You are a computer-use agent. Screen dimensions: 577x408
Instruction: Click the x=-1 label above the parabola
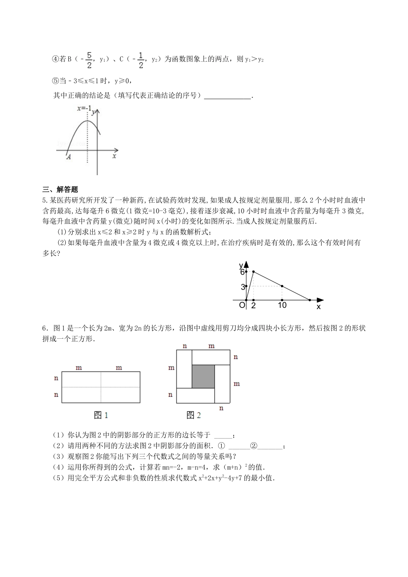[x=84, y=109]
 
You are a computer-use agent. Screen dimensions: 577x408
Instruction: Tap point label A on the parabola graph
[x=69, y=158]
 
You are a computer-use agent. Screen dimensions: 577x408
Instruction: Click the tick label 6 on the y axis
[x=242, y=272]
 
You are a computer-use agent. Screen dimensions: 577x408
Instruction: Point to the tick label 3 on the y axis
[x=243, y=287]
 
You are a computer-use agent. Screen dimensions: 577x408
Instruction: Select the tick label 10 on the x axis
[x=282, y=305]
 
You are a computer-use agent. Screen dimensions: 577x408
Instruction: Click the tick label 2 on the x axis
[x=253, y=305]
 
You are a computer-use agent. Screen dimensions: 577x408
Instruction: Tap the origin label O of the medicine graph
[x=242, y=305]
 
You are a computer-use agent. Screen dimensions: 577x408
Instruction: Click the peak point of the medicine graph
[x=253, y=272]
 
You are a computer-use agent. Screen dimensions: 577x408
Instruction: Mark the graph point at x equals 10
[x=282, y=286]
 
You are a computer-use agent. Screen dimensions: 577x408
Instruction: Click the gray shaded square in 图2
[x=203, y=377]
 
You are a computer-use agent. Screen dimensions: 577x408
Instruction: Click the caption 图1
[x=100, y=415]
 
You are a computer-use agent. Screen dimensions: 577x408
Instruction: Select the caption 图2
[x=194, y=415]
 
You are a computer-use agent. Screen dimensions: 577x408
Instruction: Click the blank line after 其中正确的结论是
[x=228, y=96]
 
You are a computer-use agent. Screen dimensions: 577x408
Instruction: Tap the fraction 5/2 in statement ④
[x=89, y=60]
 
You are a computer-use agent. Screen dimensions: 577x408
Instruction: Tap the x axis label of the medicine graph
[x=319, y=307]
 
